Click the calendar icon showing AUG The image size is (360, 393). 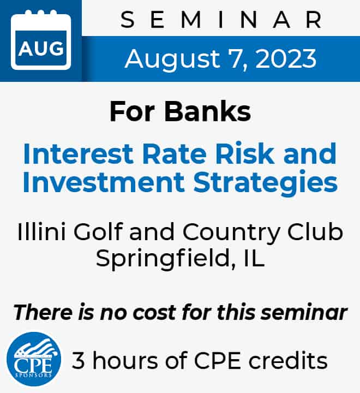41,40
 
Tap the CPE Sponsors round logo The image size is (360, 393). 34,359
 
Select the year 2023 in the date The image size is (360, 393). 286,58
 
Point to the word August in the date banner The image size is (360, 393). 172,59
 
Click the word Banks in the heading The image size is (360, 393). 208,111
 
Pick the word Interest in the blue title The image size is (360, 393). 78,153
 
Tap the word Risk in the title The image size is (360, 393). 245,153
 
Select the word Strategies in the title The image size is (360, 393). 266,183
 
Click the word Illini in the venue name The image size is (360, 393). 41,231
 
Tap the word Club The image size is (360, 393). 315,231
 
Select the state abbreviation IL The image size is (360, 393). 254,258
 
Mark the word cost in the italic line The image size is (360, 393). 154,313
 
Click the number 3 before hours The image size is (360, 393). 78,360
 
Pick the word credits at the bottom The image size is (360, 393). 288,360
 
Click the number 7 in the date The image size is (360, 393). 236,59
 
